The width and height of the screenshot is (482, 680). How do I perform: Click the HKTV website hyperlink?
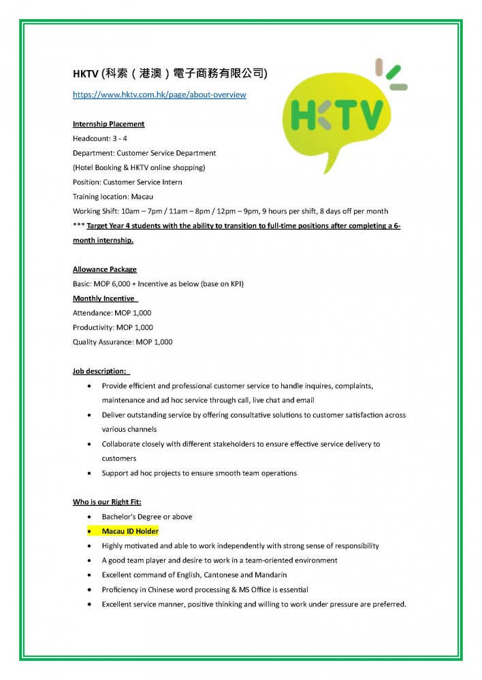(159, 95)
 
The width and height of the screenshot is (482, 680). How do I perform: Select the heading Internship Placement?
(109, 124)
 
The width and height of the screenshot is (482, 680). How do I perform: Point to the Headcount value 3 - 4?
(120, 138)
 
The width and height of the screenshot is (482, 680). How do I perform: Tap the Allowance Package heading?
(105, 269)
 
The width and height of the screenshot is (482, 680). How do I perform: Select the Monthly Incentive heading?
(104, 299)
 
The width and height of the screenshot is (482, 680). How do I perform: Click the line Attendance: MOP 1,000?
(112, 313)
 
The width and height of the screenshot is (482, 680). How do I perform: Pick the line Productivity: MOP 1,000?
(112, 327)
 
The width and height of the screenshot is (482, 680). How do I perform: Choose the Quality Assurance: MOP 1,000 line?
(123, 342)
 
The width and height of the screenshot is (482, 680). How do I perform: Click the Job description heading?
(99, 371)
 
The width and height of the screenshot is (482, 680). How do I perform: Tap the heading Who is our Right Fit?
(107, 502)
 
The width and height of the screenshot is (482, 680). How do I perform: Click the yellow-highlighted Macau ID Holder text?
(129, 531)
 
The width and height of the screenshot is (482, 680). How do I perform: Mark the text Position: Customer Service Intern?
(127, 182)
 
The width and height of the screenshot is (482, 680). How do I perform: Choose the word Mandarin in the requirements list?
(273, 575)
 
